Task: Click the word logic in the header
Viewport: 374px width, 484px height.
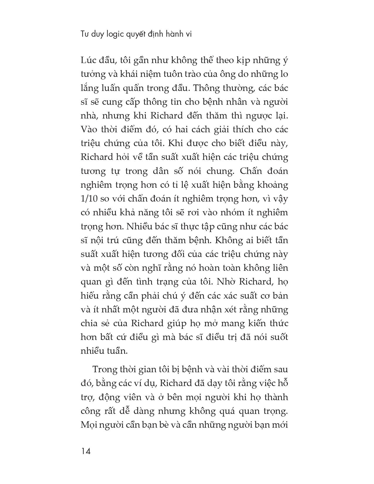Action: [x=114, y=34]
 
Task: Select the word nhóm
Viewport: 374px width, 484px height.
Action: [x=219, y=212]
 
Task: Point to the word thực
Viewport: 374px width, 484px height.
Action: [x=207, y=226]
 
